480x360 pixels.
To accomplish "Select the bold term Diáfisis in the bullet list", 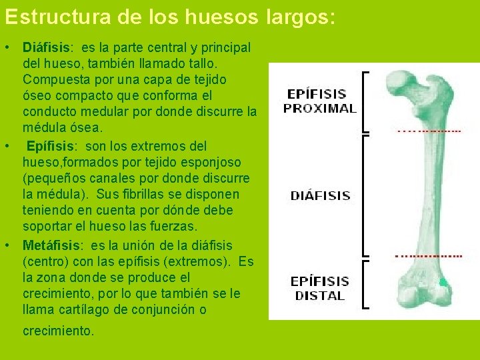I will click(x=47, y=48).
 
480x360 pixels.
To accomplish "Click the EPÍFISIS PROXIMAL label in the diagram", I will click(x=320, y=101).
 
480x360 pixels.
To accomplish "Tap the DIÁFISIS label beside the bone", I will click(x=320, y=196).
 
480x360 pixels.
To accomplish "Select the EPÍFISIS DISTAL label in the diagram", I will click(x=319, y=289).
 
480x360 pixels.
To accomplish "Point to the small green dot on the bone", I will click(x=441, y=283).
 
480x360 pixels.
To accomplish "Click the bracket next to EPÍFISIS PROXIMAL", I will click(x=365, y=101).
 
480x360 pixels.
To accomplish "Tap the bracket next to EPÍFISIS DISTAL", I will click(x=365, y=285).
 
